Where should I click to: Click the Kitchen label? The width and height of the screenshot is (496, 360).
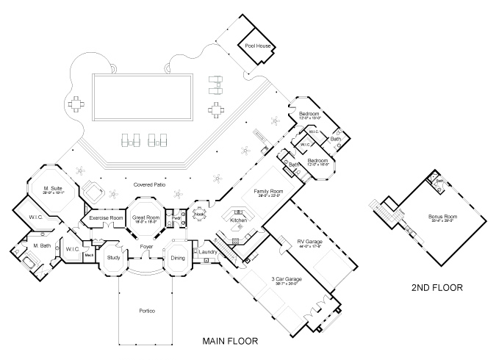tap(238, 220)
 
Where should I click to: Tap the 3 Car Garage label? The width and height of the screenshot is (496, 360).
tap(286, 279)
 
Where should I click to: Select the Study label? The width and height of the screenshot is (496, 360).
tap(113, 258)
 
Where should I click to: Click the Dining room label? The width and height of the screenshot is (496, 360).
tap(178, 258)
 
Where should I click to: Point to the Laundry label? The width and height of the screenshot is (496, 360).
tap(206, 253)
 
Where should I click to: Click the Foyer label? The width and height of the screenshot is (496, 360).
tap(146, 248)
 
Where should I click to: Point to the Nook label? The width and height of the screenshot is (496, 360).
tap(198, 215)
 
